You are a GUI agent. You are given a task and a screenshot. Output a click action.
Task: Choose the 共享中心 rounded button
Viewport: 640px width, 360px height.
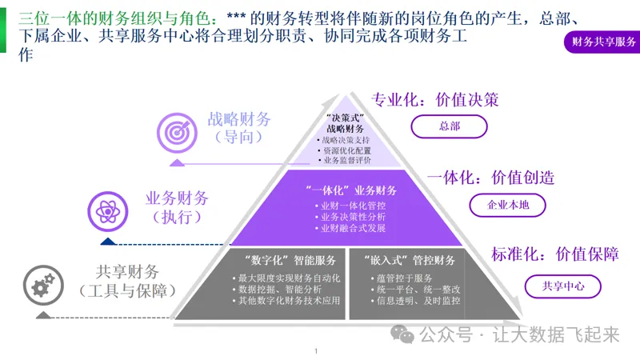(563, 285)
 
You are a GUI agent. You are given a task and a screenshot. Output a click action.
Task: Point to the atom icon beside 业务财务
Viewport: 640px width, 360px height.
(106, 210)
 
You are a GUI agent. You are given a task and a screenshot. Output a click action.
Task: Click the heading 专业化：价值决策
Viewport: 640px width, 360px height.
(435, 100)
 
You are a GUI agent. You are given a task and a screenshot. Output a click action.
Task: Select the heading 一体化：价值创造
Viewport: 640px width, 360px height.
(490, 178)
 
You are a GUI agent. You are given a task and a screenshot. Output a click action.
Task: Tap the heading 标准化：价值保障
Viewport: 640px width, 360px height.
(555, 254)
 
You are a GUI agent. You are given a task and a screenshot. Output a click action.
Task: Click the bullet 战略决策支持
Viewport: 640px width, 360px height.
(346, 140)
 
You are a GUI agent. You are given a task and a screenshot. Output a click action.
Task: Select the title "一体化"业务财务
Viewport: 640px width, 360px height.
(351, 190)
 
